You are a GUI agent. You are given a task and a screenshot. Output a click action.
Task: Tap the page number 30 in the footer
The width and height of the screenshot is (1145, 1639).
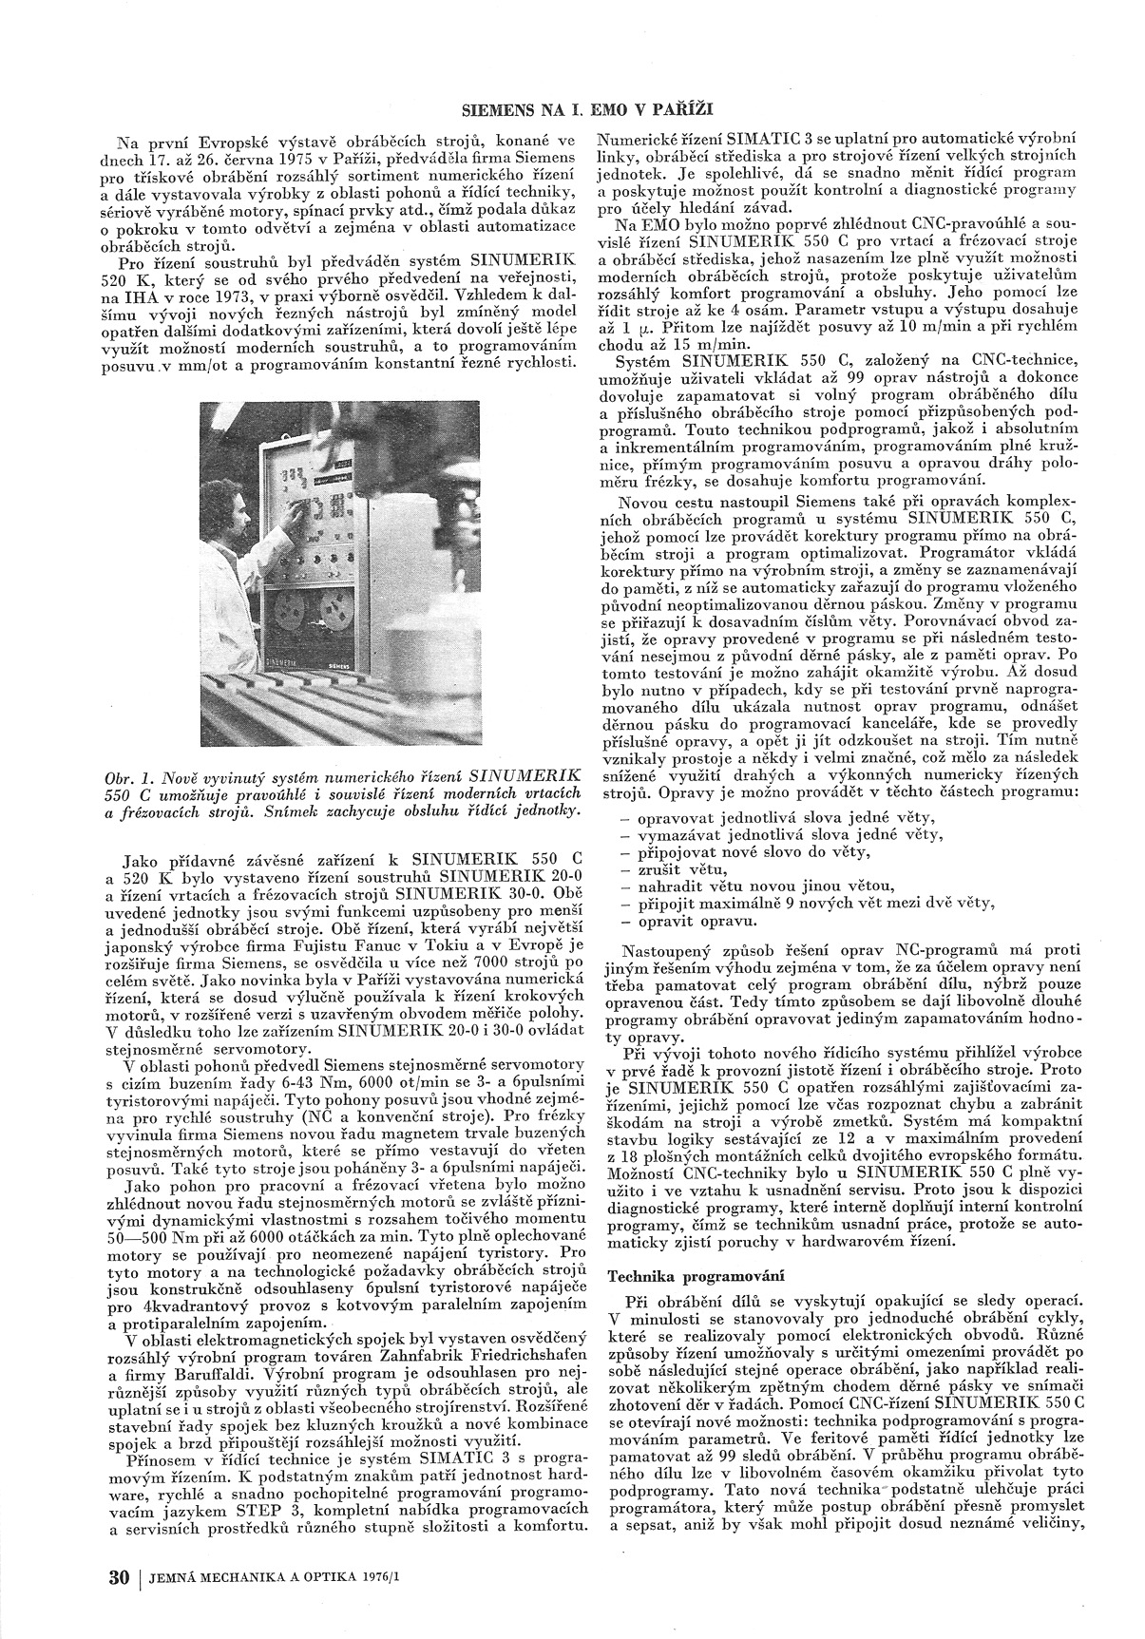tap(119, 1578)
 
